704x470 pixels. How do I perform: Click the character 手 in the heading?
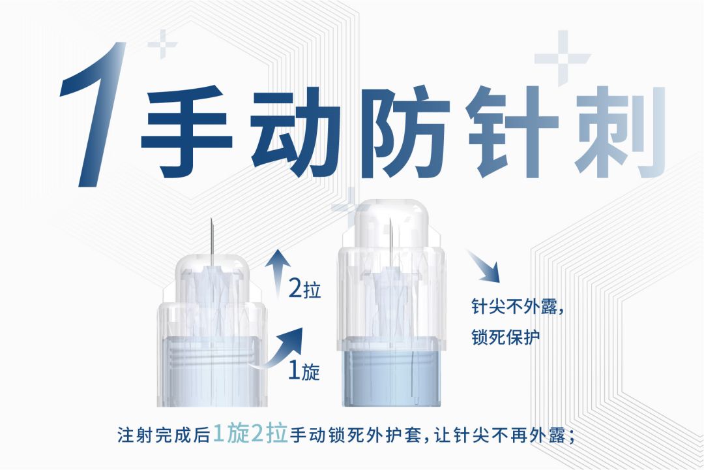click(187, 131)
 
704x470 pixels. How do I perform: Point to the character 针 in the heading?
click(512, 131)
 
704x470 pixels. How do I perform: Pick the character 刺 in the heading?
click(620, 131)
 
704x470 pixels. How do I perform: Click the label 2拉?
click(305, 289)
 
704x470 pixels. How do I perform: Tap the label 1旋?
click(304, 371)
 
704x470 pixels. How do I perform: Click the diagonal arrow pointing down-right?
click(484, 267)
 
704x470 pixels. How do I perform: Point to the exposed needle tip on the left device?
click(212, 220)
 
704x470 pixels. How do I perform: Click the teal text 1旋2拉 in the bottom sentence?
click(250, 434)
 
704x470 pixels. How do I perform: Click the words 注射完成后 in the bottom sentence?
click(164, 435)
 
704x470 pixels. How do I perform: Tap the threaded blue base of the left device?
click(211, 371)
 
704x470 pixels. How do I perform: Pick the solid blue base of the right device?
click(392, 379)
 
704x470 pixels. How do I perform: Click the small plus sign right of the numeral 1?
click(162, 44)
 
